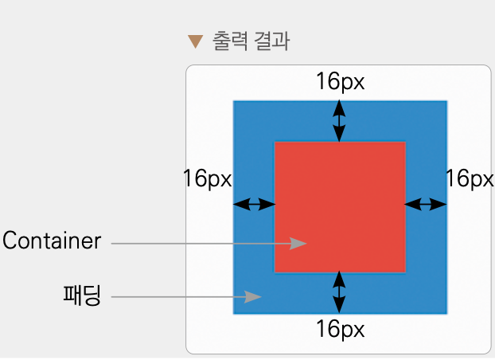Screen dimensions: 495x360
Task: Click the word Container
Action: click(52, 241)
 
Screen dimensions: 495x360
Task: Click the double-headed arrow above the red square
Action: click(340, 121)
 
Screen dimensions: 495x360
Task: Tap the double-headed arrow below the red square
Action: click(340, 292)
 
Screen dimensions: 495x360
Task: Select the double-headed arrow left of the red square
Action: click(254, 205)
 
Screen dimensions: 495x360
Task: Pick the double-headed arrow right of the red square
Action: click(426, 205)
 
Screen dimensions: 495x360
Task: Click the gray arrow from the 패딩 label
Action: click(186, 297)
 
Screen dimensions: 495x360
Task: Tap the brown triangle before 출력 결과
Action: click(195, 41)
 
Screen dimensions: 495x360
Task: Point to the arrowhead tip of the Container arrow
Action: click(306, 243)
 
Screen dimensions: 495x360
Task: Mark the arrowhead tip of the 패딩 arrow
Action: click(262, 297)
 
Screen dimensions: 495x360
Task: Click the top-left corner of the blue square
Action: click(233, 101)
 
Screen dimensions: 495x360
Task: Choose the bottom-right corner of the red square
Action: click(405, 272)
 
